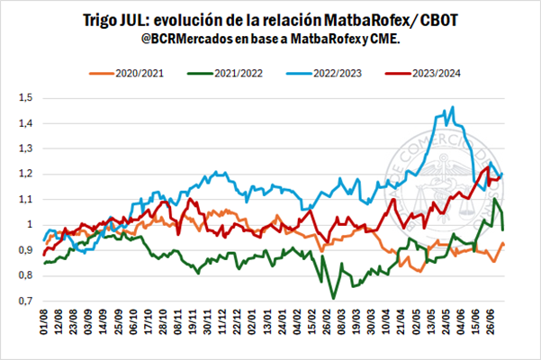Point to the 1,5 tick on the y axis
tap(24, 97)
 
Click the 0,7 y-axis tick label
tap(24, 301)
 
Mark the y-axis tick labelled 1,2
tap(24, 174)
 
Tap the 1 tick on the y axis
tap(29, 224)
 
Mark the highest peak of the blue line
tap(451, 107)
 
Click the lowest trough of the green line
tap(334, 298)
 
